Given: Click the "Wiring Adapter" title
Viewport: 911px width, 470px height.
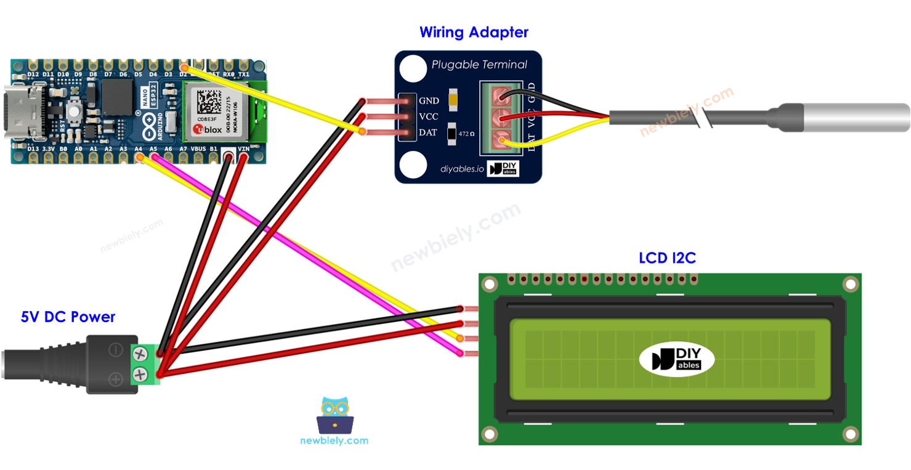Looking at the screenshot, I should tap(474, 32).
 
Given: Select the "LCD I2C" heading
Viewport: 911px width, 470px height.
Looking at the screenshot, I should tap(667, 257).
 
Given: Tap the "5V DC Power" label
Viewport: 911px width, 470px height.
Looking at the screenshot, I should tap(68, 317).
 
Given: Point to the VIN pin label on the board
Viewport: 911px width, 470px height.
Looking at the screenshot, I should tap(244, 149).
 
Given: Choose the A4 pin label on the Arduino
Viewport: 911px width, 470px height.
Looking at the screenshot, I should tap(139, 149).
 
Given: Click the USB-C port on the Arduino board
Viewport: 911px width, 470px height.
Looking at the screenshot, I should tap(25, 111).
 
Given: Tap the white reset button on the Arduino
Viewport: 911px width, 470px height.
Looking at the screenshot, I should tap(76, 111).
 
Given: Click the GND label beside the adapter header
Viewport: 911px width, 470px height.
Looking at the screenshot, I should tap(429, 100).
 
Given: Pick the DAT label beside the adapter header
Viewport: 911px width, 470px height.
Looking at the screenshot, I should tap(428, 132).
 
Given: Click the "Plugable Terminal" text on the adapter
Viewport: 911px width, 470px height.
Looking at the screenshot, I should tap(479, 65).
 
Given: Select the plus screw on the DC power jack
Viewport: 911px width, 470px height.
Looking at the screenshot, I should tap(140, 373).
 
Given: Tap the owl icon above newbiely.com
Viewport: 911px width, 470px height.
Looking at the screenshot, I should tap(334, 415).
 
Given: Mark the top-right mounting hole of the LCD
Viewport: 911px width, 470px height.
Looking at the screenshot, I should tap(850, 284).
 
